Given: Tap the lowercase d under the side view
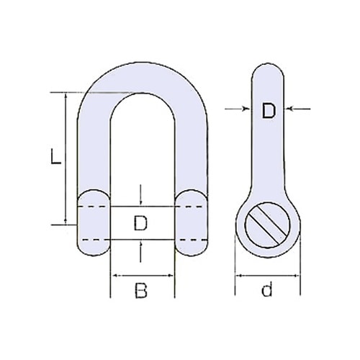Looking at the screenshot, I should [x=267, y=291].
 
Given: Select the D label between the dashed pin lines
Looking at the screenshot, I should [x=141, y=224].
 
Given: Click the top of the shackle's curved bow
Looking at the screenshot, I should [x=141, y=72].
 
